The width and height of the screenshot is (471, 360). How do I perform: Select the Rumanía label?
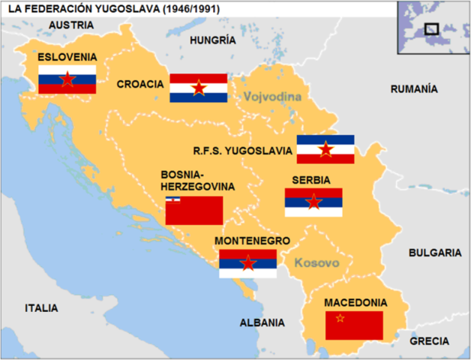pyautogui.click(x=414, y=89)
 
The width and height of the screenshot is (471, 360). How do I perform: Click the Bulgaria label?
pyautogui.click(x=434, y=253)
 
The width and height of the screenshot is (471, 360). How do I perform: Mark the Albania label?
pyautogui.click(x=262, y=322)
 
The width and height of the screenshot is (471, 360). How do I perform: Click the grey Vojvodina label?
pyautogui.click(x=271, y=97)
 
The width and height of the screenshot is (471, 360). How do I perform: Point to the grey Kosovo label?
pyautogui.click(x=317, y=263)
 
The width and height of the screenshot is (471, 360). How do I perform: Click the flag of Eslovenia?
pyautogui.click(x=67, y=79)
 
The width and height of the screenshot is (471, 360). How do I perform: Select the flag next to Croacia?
pyautogui.click(x=198, y=88)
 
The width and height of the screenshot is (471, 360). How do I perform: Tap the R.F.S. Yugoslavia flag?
pyautogui.click(x=325, y=149)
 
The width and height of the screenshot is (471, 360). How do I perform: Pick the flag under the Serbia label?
pyautogui.click(x=313, y=202)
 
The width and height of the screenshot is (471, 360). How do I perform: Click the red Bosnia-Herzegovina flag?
pyautogui.click(x=194, y=211)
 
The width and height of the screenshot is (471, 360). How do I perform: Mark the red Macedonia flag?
pyautogui.click(x=354, y=325)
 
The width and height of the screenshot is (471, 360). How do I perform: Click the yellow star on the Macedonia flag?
pyautogui.click(x=340, y=319)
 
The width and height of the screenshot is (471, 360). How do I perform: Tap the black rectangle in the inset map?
pyautogui.click(x=431, y=28)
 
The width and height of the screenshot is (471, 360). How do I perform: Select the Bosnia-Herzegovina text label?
pyautogui.click(x=197, y=180)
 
